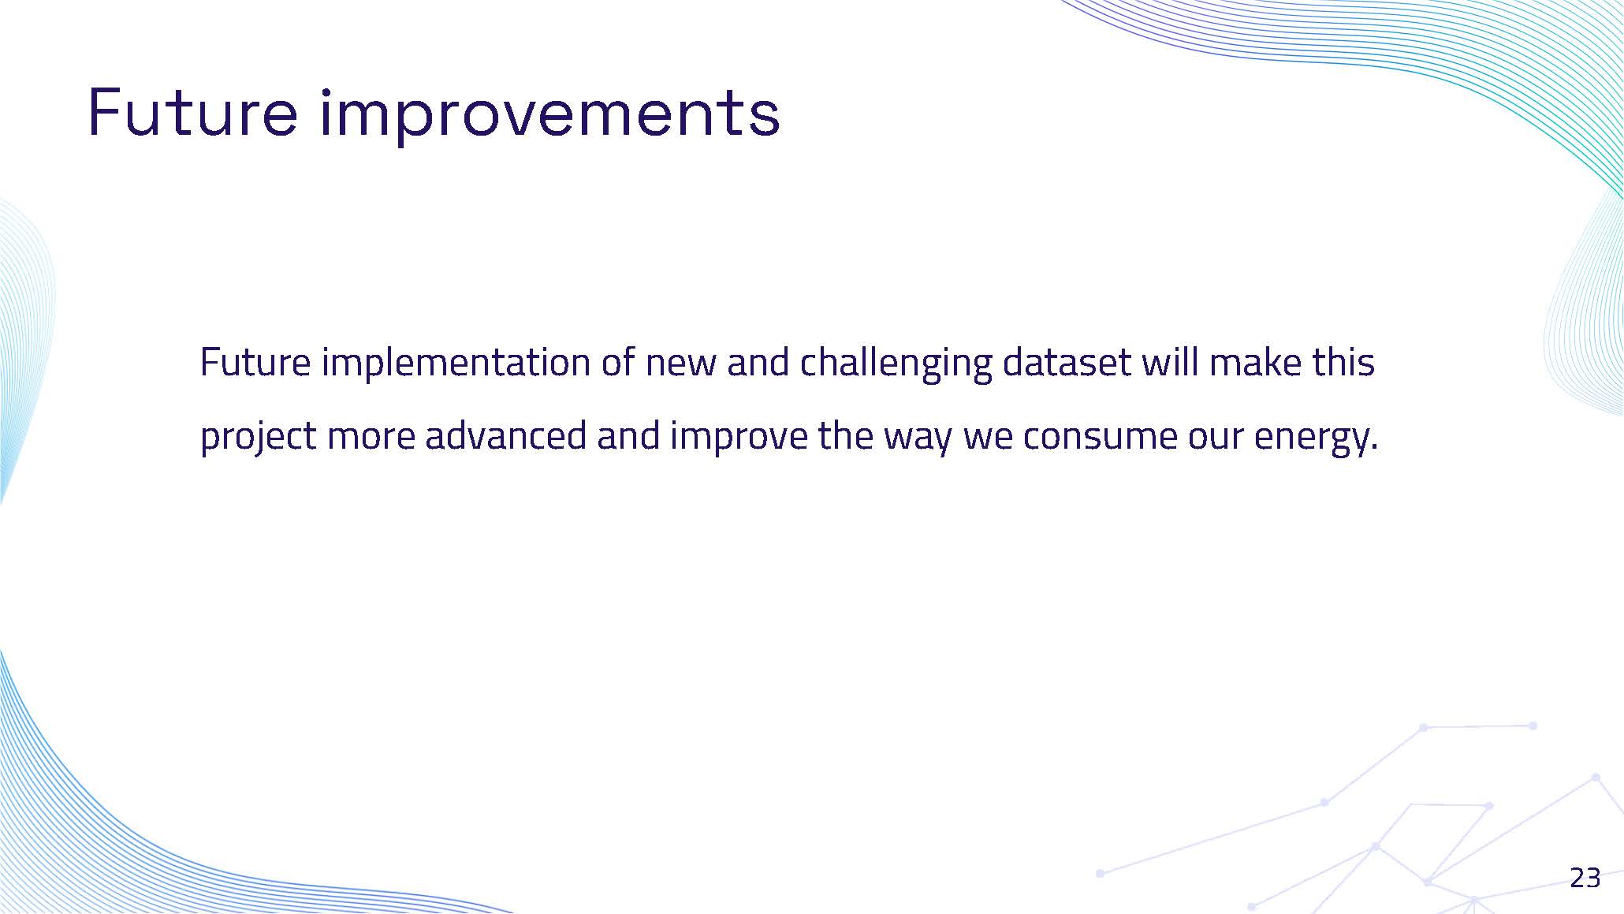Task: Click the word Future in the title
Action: pyautogui.click(x=193, y=113)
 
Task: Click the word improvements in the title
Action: pyautogui.click(x=550, y=115)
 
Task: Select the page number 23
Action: pyautogui.click(x=1585, y=878)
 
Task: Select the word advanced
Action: pyautogui.click(x=505, y=436)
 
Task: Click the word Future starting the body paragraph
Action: pyautogui.click(x=255, y=364)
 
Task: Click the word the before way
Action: pyautogui.click(x=845, y=436)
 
